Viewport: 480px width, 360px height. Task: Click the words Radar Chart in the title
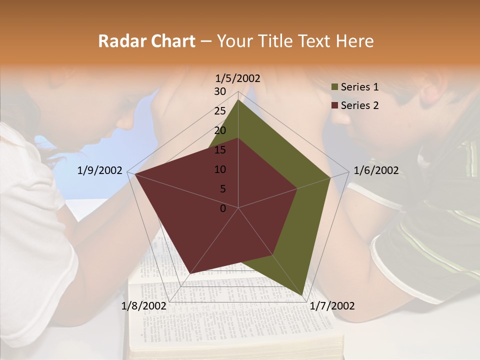[x=146, y=41]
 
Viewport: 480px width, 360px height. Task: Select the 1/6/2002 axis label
[x=376, y=170]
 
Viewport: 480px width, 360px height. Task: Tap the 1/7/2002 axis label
[x=332, y=306]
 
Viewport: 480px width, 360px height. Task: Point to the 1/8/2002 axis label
[x=144, y=306]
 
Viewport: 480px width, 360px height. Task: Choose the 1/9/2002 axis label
[x=100, y=170]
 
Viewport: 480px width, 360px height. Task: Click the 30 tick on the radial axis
[x=220, y=91]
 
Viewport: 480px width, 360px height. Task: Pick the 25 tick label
[x=220, y=111]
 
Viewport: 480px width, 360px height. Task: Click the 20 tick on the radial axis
[x=220, y=130]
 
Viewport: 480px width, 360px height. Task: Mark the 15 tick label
[x=220, y=150]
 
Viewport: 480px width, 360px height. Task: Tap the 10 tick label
[x=220, y=169]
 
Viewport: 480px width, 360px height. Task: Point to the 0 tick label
[x=223, y=208]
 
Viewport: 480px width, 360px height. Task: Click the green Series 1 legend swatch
[x=334, y=87]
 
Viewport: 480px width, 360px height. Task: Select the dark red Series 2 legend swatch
[x=334, y=105]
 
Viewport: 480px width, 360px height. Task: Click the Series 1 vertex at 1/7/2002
[x=301, y=295]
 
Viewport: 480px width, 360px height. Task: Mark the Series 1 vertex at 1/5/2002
[x=238, y=100]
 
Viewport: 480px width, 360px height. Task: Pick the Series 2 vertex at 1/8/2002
[x=190, y=273]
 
